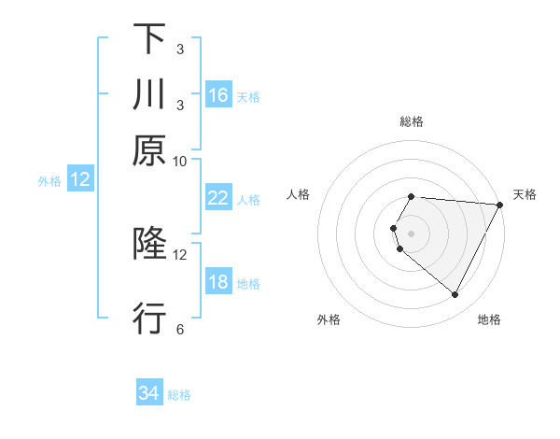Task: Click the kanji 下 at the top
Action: pyautogui.click(x=149, y=39)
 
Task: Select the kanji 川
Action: pyautogui.click(x=149, y=95)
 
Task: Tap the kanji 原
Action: pyautogui.click(x=149, y=151)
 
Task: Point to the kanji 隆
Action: pyautogui.click(x=149, y=245)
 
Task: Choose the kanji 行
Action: pyautogui.click(x=149, y=319)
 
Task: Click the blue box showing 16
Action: pyautogui.click(x=218, y=94)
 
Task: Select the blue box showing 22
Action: pyautogui.click(x=218, y=197)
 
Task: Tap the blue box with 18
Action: pyautogui.click(x=218, y=282)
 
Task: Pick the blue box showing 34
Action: pyautogui.click(x=149, y=394)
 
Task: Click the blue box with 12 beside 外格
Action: pyautogui.click(x=80, y=179)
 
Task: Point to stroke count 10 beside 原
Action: pyautogui.click(x=180, y=161)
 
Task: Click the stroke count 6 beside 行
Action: pyautogui.click(x=180, y=329)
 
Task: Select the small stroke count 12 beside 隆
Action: pyautogui.click(x=180, y=254)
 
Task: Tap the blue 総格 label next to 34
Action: pyautogui.click(x=179, y=395)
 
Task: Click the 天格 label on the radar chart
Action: pyautogui.click(x=525, y=194)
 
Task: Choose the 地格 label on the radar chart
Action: pyautogui.click(x=489, y=319)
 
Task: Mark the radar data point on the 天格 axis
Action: pyautogui.click(x=499, y=205)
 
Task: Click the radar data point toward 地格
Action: pyautogui.click(x=455, y=295)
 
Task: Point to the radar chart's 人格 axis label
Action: pyautogui.click(x=299, y=194)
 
